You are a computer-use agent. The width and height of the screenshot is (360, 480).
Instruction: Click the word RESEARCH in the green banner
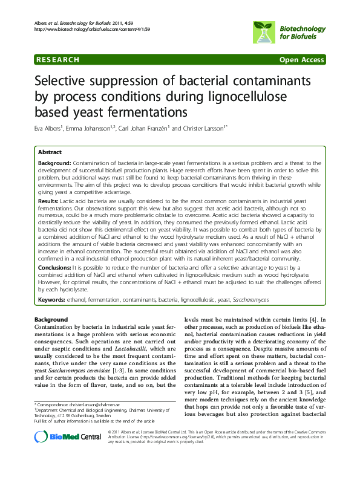[x=58, y=59]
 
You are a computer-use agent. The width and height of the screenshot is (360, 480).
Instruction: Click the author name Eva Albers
[x=51, y=128]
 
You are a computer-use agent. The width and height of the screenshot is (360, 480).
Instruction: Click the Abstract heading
[x=50, y=152]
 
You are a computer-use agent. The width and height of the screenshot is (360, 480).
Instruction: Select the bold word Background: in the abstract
[x=55, y=164]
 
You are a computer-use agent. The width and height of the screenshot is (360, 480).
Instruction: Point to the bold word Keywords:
[x=52, y=299]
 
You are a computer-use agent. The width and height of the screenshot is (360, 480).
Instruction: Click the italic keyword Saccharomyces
[x=250, y=299]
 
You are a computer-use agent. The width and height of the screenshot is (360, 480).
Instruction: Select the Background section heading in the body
[x=51, y=319]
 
